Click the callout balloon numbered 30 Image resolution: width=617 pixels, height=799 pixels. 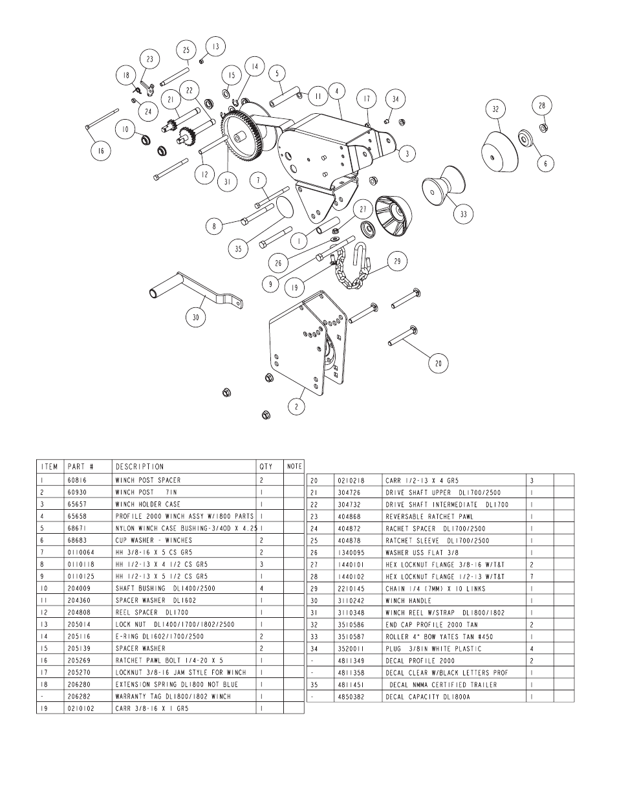pos(195,317)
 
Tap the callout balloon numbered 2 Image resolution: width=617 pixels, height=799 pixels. pos(296,406)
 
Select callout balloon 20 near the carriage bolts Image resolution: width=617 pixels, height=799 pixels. pos(438,363)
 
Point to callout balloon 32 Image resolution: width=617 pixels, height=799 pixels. pos(496,109)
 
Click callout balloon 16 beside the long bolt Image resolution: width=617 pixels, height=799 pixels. pos(101,151)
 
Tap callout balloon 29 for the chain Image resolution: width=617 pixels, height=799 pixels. pos(397,261)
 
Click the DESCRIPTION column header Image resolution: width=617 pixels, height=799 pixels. pos(140,466)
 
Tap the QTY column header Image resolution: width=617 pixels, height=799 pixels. pos(266,466)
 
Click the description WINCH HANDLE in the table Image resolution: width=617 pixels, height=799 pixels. pos(405,600)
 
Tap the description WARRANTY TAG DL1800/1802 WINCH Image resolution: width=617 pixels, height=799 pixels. pos(173,696)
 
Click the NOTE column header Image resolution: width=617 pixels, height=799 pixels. pos(294,466)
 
